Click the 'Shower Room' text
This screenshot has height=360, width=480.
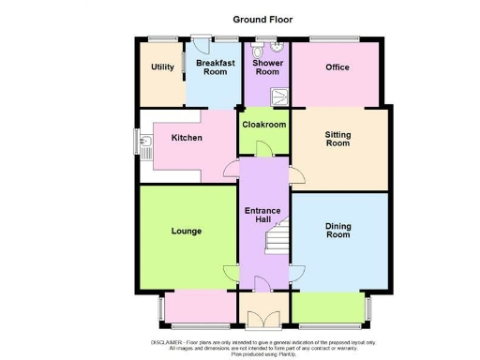(x=267, y=67)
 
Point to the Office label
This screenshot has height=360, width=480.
(x=337, y=67)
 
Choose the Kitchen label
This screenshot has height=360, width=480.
(x=187, y=138)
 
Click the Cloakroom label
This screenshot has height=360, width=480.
(x=264, y=124)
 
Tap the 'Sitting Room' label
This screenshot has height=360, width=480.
(x=337, y=138)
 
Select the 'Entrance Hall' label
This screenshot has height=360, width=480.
(x=263, y=215)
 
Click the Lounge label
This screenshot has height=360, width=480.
(x=187, y=231)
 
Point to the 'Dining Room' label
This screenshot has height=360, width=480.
(x=337, y=230)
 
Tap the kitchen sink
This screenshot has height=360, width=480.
(x=146, y=143)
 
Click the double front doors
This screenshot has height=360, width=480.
(x=264, y=318)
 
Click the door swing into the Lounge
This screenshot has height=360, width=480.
(x=232, y=273)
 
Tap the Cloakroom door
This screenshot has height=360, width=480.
(x=263, y=149)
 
